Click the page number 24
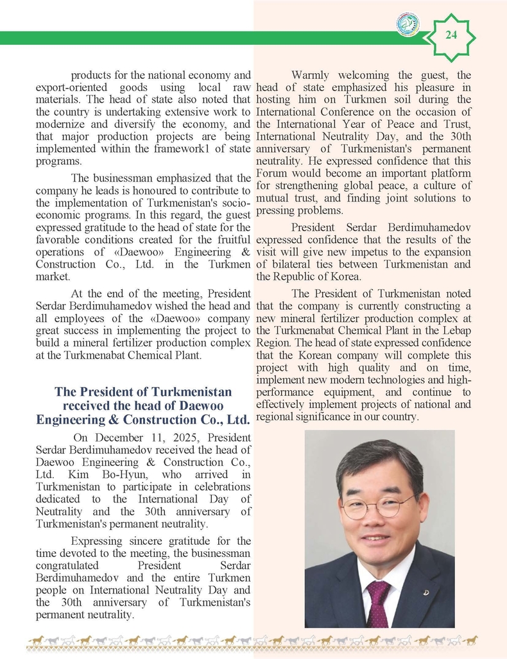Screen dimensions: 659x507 (x=451, y=35)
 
